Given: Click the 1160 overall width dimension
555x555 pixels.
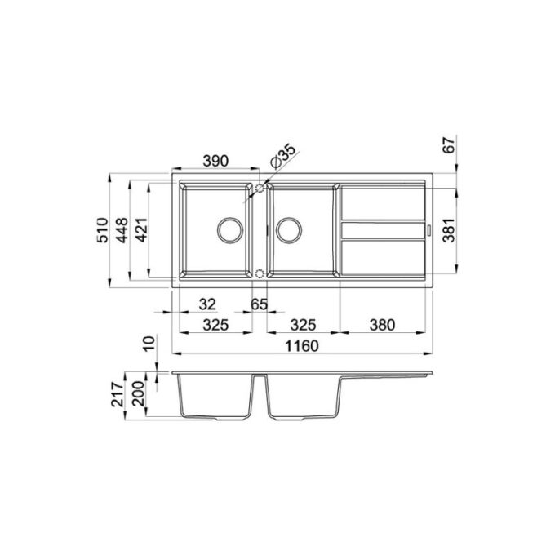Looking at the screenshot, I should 301,345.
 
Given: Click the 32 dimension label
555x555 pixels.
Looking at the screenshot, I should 207,304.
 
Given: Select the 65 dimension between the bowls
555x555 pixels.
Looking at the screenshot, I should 260,304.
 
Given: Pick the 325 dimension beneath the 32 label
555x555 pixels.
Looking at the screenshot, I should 215,325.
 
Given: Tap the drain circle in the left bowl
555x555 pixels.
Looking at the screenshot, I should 229,229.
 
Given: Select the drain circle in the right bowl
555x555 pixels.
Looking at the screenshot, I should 287,229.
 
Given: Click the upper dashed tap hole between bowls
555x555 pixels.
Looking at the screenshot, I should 260,188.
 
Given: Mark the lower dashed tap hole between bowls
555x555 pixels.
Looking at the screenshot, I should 260,272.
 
